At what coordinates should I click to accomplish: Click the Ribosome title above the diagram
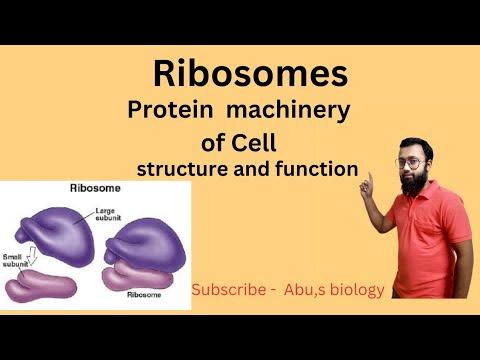pyautogui.click(x=88, y=189)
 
